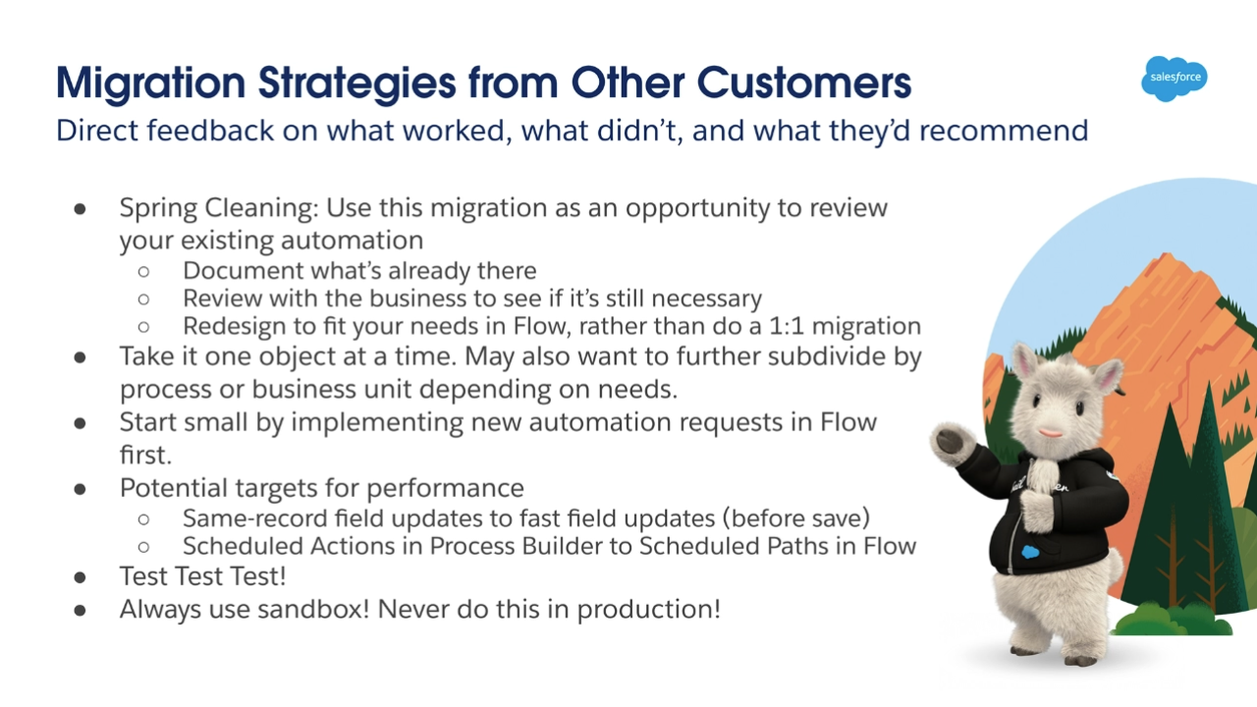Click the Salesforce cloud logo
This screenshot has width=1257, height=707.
tap(1175, 79)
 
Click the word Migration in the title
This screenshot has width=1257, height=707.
tap(151, 83)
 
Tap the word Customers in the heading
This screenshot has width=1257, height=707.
tap(804, 83)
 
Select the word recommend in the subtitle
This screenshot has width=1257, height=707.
tap(1004, 131)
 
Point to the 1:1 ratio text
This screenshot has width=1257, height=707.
tap(787, 326)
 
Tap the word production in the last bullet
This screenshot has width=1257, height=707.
tap(648, 610)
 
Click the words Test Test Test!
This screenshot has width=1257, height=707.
tap(202, 576)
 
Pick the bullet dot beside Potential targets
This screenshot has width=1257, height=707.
tap(80, 489)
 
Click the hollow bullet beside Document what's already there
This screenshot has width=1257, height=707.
tap(143, 272)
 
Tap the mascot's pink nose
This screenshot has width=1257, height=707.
tap(1051, 433)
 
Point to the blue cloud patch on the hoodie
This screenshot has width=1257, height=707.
tap(1030, 552)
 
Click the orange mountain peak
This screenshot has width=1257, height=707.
tap(1166, 261)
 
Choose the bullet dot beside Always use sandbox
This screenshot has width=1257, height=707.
tap(80, 611)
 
